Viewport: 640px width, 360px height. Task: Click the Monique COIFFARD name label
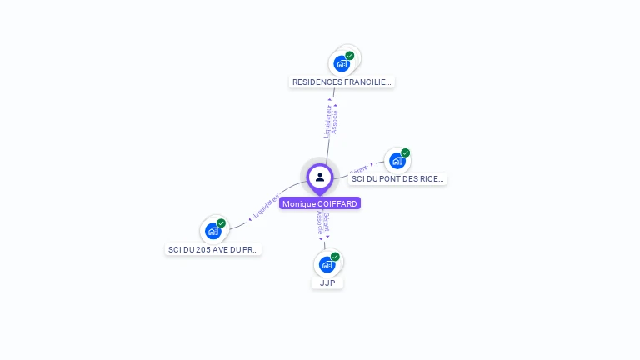pos(320,203)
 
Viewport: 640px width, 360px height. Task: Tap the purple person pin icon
pos(320,177)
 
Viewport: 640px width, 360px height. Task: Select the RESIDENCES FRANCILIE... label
pos(342,82)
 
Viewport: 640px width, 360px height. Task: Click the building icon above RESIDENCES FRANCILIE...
pos(341,63)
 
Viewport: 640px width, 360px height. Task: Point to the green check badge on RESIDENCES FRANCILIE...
pos(350,56)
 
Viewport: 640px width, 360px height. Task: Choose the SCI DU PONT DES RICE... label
pos(397,178)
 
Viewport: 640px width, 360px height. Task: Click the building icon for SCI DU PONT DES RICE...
pos(397,160)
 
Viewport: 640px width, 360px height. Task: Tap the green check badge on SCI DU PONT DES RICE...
pos(406,152)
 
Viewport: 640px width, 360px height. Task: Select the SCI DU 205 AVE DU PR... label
pos(214,249)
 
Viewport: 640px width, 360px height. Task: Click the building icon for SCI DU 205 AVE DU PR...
pos(212,231)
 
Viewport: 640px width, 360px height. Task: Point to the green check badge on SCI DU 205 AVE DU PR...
pos(222,223)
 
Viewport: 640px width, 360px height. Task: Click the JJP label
pos(327,283)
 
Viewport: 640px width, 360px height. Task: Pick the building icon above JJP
pos(327,264)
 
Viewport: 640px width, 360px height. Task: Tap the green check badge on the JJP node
pos(335,257)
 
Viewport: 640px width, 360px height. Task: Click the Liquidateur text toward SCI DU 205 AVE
pos(266,207)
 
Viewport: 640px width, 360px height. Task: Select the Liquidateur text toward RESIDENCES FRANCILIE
pos(328,121)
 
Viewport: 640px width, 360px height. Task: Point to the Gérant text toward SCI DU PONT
pos(358,168)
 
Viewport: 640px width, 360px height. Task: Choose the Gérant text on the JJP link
pos(326,222)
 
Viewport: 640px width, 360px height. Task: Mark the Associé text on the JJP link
pos(319,222)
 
